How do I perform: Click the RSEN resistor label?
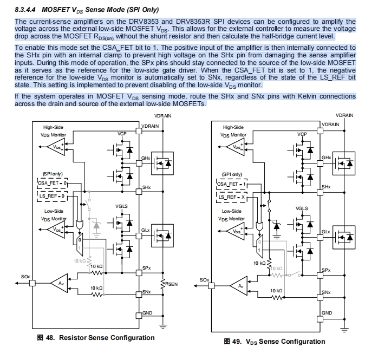pyautogui.click(x=172, y=284)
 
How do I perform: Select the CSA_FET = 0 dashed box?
pyautogui.click(x=53, y=183)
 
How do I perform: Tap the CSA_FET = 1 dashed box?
pyautogui.click(x=232, y=185)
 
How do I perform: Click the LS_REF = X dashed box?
pyautogui.click(x=232, y=197)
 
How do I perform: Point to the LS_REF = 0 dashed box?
pyautogui.click(x=53, y=196)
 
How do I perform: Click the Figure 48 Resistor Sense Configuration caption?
pyautogui.click(x=96, y=338)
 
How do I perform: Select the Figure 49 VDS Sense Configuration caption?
pyautogui.click(x=275, y=342)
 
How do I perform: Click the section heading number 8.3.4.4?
pyautogui.click(x=25, y=10)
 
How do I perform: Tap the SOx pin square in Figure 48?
pyautogui.click(x=32, y=283)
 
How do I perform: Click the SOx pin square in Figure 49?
pyautogui.click(x=211, y=286)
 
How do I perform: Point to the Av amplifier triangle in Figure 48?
pyautogui.click(x=60, y=283)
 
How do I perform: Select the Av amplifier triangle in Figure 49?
pyautogui.click(x=239, y=286)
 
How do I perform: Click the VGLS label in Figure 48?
pyautogui.click(x=121, y=206)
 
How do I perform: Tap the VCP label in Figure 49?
pyautogui.click(x=302, y=134)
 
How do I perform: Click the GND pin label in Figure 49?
pyautogui.click(x=327, y=313)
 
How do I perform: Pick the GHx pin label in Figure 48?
pyautogui.click(x=146, y=158)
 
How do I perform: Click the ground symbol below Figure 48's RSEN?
pyautogui.click(x=162, y=326)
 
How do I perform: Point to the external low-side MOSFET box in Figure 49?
pyautogui.click(x=344, y=237)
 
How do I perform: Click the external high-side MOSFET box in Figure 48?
pyautogui.click(x=162, y=163)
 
